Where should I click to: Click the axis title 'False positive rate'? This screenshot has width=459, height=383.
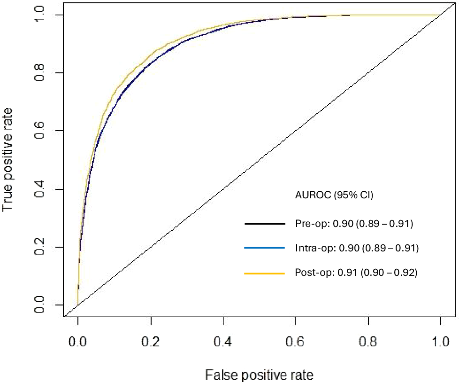click(259, 375)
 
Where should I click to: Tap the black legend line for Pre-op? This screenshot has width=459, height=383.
click(265, 224)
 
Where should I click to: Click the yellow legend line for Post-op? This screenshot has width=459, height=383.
click(265, 273)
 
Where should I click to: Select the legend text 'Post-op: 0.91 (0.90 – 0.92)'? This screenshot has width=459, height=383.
click(356, 273)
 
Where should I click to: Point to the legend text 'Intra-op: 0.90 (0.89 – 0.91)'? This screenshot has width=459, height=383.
click(356, 248)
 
